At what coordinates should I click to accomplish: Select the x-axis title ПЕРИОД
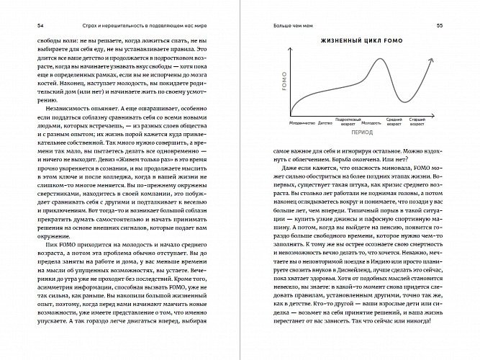[361, 134]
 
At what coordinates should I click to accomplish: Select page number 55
[448, 25]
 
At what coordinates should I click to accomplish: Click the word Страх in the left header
[69, 25]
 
